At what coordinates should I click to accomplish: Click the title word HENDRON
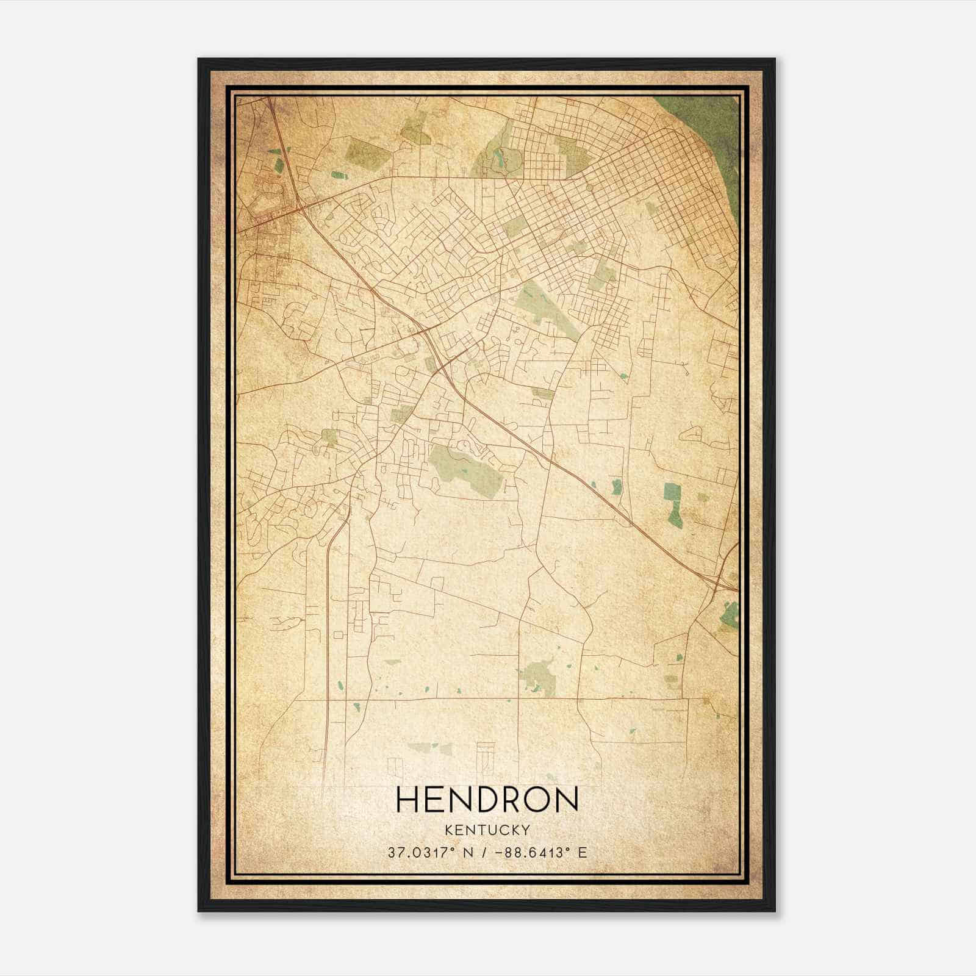point(487,800)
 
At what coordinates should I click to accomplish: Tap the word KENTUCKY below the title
point(487,830)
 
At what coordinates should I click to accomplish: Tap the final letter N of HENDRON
point(567,800)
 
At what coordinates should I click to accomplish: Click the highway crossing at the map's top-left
point(299,207)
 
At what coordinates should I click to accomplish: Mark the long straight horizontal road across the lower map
point(488,698)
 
